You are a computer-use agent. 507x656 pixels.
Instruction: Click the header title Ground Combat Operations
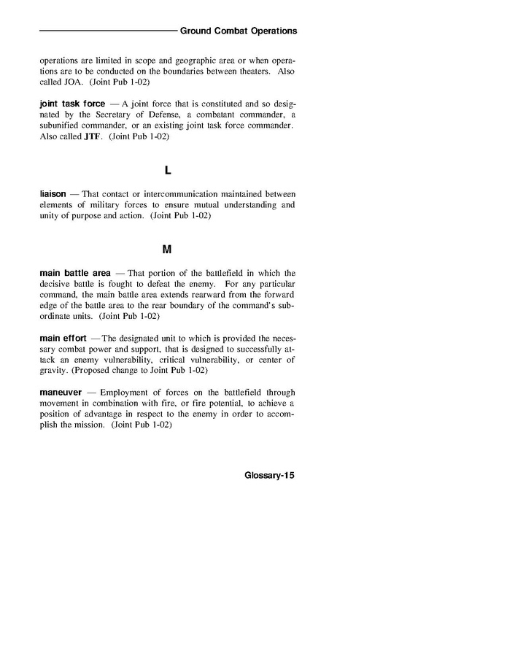point(238,31)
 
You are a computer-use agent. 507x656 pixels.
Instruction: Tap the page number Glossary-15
point(270,474)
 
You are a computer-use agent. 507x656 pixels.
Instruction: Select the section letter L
point(167,171)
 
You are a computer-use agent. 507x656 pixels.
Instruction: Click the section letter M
point(167,250)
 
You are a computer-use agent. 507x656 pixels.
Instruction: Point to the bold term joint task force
point(72,104)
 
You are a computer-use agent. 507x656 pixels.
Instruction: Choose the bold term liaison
point(53,194)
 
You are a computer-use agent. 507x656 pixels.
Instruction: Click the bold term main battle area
point(75,273)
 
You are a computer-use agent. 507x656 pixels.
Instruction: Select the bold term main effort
point(63,339)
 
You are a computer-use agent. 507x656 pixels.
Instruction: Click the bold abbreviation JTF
point(94,138)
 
